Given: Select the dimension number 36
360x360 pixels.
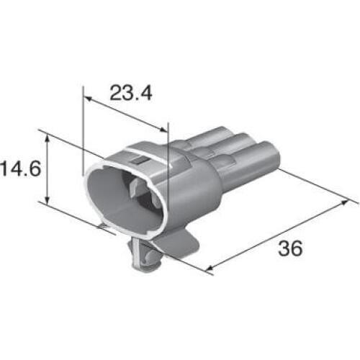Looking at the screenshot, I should pos(288,248).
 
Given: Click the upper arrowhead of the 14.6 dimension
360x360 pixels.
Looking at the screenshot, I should pos(48,139).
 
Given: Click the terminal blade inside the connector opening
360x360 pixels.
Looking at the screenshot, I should pos(135,192).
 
